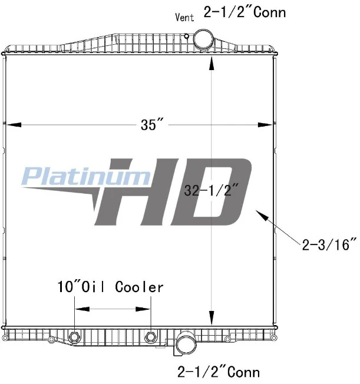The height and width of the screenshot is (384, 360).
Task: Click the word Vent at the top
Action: click(184, 18)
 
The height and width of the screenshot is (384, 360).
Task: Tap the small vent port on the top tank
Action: click(187, 37)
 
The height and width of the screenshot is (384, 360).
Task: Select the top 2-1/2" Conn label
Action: click(245, 12)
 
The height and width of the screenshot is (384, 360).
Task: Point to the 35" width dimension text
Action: click(152, 124)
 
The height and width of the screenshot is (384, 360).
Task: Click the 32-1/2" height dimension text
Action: click(211, 190)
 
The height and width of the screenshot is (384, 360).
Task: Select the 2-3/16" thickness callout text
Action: click(329, 244)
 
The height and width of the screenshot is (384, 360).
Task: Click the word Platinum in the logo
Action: click(86, 176)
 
